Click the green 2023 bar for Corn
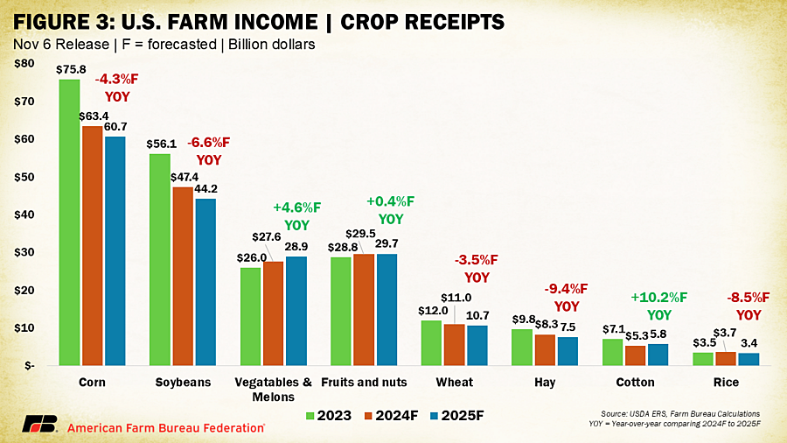[69, 222]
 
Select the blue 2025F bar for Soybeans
[205, 282]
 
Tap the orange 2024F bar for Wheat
[454, 345]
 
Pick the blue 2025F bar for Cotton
[658, 355]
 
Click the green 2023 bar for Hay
[522, 347]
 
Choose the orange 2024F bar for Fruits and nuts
[364, 309]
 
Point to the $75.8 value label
[71, 69]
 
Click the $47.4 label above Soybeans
[185, 178]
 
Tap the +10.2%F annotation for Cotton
[659, 298]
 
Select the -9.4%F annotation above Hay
[566, 289]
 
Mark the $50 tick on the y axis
[24, 177]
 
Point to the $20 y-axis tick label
[24, 291]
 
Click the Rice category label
[726, 383]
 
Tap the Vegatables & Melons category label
[273, 390]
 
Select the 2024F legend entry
[392, 416]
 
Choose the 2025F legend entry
[457, 416]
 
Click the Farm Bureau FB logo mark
[39, 424]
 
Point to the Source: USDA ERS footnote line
[680, 414]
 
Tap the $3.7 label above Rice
[725, 333]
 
